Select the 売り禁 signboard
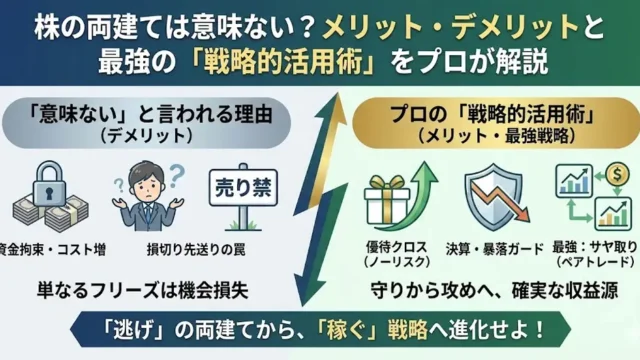(x=238, y=185)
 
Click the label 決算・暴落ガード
(x=490, y=247)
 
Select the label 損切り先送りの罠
(x=155, y=247)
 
